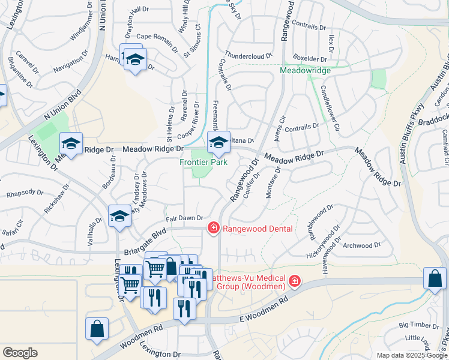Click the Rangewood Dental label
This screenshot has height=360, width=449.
point(258,229)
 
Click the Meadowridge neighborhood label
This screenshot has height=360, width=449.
point(305,70)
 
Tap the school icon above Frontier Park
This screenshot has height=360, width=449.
point(218,142)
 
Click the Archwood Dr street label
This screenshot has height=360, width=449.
point(361,245)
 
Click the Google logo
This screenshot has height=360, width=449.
point(20,353)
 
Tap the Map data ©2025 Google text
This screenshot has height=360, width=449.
point(411,355)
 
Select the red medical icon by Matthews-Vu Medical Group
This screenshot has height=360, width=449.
point(294,281)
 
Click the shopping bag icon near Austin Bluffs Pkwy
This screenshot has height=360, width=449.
point(435,278)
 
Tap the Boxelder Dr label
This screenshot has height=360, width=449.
point(310,59)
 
